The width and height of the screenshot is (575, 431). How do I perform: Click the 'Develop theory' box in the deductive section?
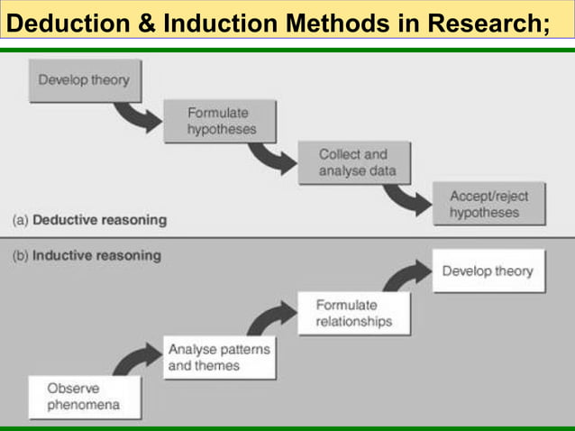[x=83, y=80]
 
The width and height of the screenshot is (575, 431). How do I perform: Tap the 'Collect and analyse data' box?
[x=352, y=162]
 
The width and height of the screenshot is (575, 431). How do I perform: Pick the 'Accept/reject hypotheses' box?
[x=488, y=204]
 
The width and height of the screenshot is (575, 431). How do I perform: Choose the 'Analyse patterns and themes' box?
[x=219, y=357]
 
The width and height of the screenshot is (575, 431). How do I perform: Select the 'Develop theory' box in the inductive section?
[x=488, y=271]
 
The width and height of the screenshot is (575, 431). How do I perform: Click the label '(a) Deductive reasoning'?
[x=89, y=219]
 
